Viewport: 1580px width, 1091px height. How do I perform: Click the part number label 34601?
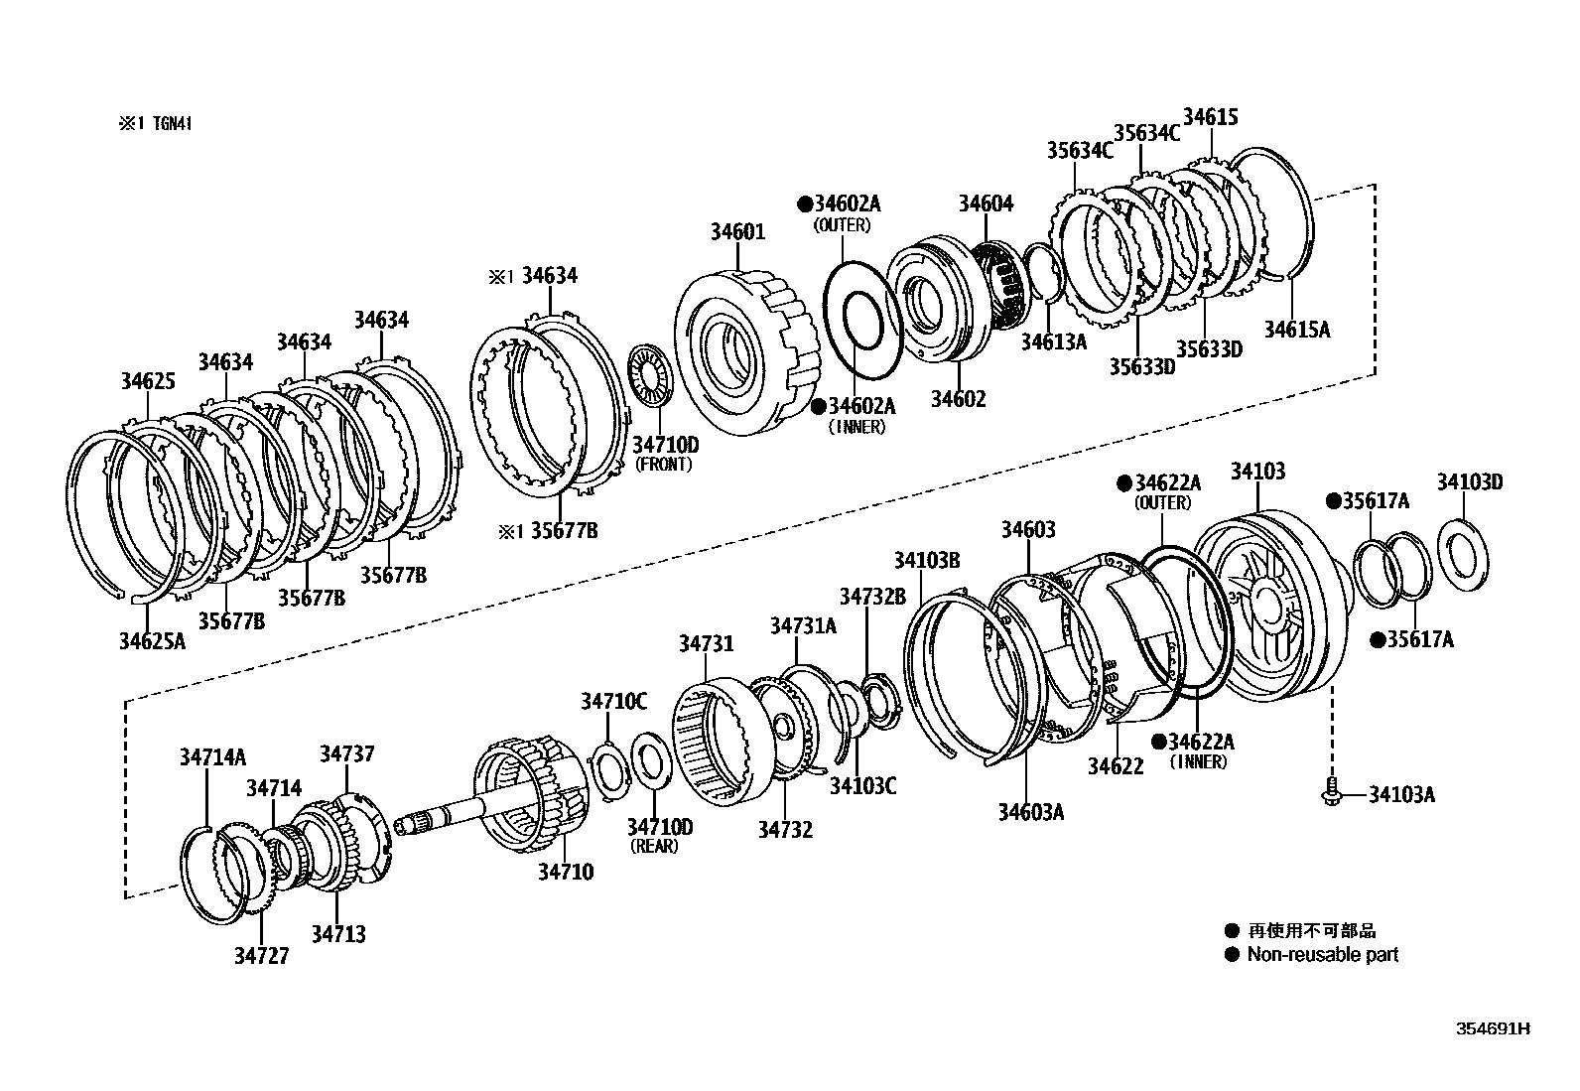737,232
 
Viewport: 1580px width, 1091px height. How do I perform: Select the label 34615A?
1296,329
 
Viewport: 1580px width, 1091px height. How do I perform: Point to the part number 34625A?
153,641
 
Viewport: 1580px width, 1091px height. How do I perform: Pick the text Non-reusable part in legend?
1322,955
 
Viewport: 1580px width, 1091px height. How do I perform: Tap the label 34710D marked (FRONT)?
665,446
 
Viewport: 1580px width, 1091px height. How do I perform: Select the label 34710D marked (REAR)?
660,827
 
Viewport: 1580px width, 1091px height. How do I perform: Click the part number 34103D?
1469,482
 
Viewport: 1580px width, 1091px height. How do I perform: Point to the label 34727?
261,956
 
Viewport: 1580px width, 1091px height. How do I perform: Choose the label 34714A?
212,756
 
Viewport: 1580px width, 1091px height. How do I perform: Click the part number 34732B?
872,597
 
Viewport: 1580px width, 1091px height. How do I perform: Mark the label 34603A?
1031,812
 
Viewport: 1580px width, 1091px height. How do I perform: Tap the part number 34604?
986,204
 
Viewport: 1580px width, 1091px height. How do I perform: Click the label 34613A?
1054,341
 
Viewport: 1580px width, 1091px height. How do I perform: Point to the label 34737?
347,754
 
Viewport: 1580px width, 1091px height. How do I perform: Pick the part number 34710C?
613,702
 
